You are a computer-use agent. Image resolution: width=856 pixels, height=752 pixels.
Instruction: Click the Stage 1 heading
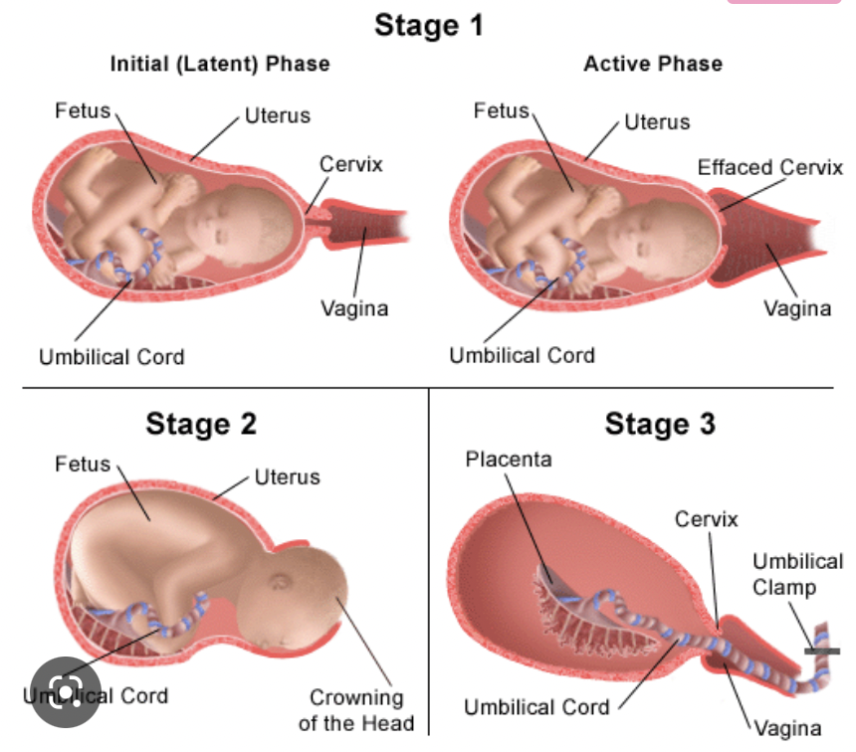tap(428, 26)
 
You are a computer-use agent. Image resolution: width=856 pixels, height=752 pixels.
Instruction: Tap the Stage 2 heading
tap(201, 424)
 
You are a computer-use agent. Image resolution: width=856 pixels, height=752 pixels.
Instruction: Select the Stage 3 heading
tap(659, 425)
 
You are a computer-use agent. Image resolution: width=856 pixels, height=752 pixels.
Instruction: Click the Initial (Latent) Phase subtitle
tap(219, 65)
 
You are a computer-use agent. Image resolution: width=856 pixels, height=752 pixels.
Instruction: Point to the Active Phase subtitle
tap(652, 65)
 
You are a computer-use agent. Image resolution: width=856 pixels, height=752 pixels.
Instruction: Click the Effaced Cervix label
tap(769, 167)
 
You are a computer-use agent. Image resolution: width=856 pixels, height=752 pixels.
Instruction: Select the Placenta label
tap(509, 460)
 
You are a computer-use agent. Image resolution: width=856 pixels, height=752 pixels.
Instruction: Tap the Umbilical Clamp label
tap(797, 574)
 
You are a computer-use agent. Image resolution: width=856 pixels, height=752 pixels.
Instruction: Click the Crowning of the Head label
tap(355, 709)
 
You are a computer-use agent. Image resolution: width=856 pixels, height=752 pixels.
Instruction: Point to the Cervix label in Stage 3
tap(707, 519)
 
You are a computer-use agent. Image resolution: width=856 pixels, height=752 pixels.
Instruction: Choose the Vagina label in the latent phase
tap(353, 308)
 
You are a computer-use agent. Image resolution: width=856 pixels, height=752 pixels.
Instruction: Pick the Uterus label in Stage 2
tap(288, 477)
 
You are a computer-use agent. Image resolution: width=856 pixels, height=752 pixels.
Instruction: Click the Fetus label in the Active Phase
tap(502, 111)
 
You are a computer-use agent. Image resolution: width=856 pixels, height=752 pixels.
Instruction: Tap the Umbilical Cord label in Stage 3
tap(536, 708)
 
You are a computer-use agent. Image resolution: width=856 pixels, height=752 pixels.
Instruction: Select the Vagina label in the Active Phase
tap(797, 308)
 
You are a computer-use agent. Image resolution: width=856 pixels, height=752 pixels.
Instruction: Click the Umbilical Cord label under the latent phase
tap(111, 356)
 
